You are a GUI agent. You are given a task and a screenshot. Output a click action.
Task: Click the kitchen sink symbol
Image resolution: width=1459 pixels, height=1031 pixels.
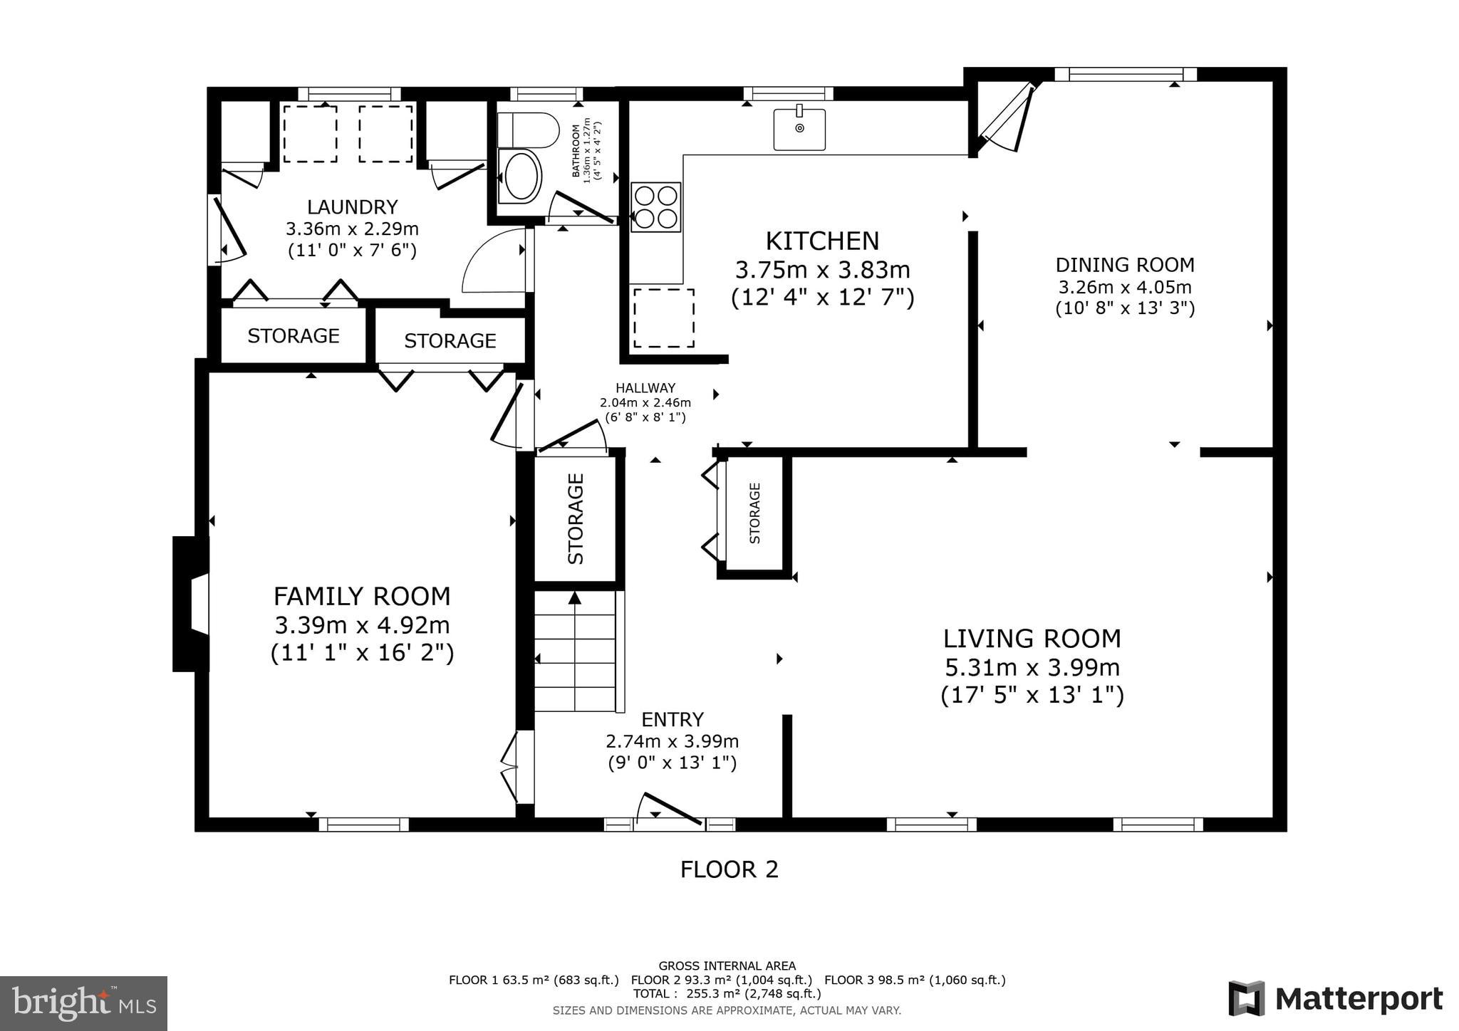[799, 129]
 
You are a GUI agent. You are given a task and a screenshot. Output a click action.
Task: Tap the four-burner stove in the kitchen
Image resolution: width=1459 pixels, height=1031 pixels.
[655, 207]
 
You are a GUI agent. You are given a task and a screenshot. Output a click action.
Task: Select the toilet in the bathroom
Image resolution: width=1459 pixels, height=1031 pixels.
[528, 130]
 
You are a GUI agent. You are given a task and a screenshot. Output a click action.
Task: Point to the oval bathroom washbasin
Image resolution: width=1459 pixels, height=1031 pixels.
[521, 175]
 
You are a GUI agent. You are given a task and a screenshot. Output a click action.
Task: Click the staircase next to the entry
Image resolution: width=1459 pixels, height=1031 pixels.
[575, 651]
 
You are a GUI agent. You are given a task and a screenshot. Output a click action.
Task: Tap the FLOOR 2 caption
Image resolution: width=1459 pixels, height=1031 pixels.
[729, 869]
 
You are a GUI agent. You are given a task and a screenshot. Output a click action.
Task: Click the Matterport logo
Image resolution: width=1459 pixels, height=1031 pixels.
[1335, 998]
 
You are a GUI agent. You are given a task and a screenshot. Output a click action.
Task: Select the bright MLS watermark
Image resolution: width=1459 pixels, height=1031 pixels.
[83, 1003]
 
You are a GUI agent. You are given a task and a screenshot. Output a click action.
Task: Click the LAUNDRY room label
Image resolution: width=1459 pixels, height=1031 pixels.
[352, 207]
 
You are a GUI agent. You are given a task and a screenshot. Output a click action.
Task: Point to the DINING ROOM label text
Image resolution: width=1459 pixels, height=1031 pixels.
[1124, 265]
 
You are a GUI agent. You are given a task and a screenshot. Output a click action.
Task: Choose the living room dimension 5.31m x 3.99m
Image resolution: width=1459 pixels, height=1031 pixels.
[1032, 668]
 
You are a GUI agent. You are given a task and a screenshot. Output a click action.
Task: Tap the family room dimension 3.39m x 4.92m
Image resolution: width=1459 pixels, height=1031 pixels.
[362, 625]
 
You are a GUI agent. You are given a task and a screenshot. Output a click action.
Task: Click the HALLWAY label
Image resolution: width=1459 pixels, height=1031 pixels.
[645, 388]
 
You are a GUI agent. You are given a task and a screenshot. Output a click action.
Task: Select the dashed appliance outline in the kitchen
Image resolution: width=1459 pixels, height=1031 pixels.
[664, 318]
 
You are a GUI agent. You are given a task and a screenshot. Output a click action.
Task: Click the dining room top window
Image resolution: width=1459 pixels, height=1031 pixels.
[1126, 74]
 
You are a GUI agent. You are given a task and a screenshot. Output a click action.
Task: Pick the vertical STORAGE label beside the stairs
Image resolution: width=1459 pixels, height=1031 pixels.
[576, 518]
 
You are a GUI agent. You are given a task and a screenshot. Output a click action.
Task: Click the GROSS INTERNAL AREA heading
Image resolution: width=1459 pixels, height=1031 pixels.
[727, 966]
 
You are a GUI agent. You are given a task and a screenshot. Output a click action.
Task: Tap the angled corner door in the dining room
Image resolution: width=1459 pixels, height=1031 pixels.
[1007, 117]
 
